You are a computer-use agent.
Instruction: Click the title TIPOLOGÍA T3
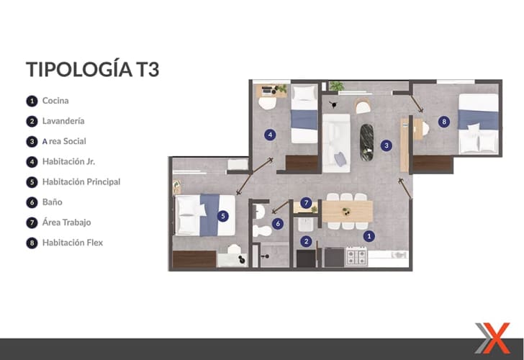coord(93,69)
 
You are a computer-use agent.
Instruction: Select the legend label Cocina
coord(55,101)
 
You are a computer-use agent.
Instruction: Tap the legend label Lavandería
coord(63,121)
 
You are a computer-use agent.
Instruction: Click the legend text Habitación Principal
coord(81,182)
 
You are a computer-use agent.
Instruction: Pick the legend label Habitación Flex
coord(73,243)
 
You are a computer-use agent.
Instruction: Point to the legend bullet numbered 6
coord(32,202)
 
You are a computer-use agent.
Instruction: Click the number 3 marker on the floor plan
coord(387,145)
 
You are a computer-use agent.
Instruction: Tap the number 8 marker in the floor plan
coord(444,122)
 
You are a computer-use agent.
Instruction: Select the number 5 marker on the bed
coord(223,216)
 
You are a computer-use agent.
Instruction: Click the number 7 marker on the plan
coord(306,202)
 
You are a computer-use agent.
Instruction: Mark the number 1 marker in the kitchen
coord(369,236)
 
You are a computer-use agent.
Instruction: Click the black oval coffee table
coord(366,142)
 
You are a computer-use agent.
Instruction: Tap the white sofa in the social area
coord(337,143)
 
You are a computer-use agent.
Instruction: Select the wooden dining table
coord(348,211)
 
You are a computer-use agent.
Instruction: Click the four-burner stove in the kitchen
coord(356,257)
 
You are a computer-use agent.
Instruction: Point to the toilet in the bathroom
coord(263,230)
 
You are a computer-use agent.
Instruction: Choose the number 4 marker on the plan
coord(270,135)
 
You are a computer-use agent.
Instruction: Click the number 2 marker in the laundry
coord(306,241)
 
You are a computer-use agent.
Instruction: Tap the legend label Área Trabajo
coord(66,222)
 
